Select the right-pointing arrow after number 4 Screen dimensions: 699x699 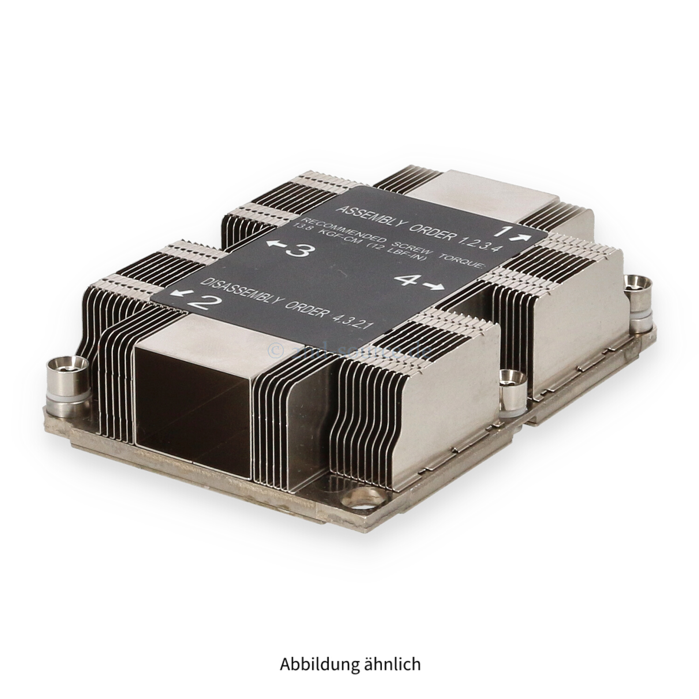click(433, 287)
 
